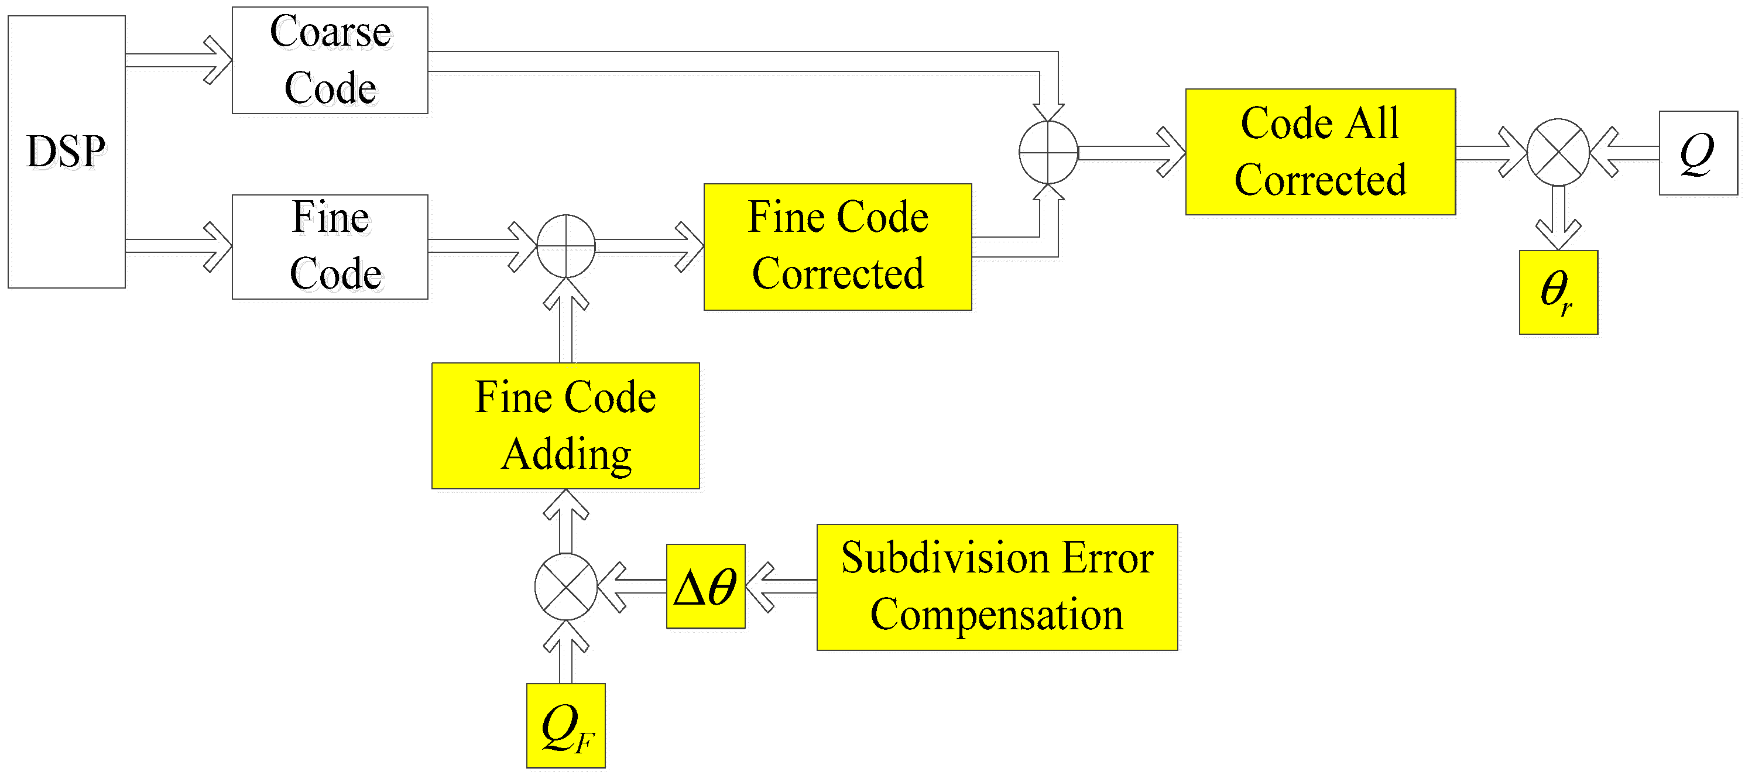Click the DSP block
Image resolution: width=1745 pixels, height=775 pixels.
coord(66,152)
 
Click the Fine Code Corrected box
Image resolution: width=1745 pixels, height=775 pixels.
coord(837,246)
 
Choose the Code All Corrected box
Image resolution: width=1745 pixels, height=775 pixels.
coord(1319,152)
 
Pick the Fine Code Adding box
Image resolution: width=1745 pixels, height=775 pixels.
coord(565,426)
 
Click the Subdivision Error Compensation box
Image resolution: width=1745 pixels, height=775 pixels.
coord(996,587)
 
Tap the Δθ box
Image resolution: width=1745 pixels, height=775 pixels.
coord(705,586)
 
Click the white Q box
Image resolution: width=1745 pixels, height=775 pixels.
coord(1698,153)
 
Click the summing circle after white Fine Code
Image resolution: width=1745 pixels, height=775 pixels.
coord(565,246)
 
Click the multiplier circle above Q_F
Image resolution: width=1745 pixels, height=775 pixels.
coord(565,587)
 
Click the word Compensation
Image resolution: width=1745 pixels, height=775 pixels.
coord(996,615)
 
